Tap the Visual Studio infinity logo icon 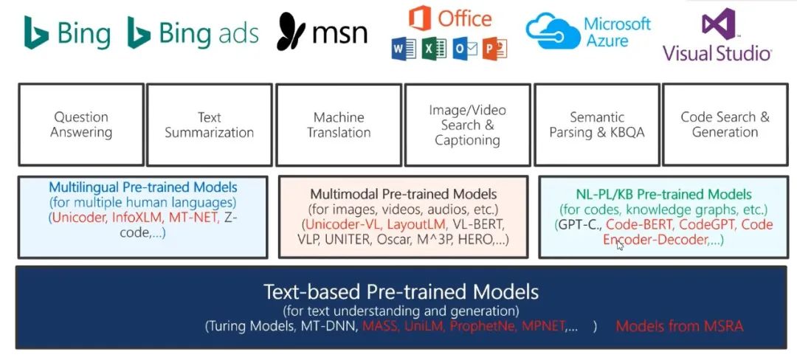(x=718, y=24)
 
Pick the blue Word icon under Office (x=404, y=49)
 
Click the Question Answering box (x=81, y=125)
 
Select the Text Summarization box (x=210, y=125)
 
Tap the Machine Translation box (x=339, y=125)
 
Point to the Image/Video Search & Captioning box (x=467, y=125)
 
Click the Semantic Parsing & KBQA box (x=596, y=125)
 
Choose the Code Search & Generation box (x=725, y=125)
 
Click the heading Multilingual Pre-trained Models (x=143, y=187)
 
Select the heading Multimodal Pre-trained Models (x=403, y=194)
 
